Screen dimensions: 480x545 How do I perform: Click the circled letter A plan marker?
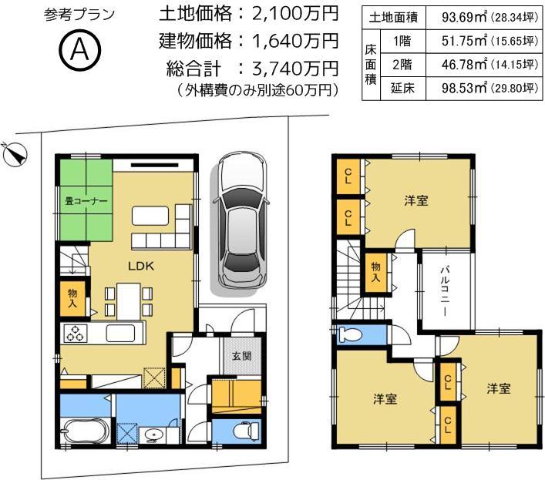79,50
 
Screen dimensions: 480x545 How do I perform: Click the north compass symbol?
15,155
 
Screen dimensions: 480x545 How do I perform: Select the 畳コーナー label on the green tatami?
85,202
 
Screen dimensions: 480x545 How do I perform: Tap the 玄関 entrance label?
241,356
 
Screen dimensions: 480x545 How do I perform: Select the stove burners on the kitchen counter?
77,334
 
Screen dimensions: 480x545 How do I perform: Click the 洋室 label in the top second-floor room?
416,201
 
